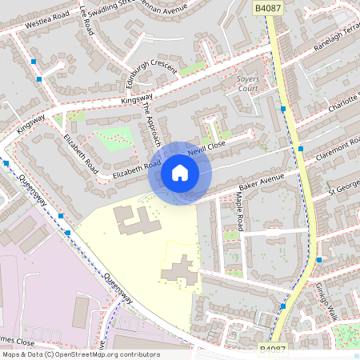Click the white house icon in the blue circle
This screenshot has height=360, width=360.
pyautogui.click(x=180, y=173)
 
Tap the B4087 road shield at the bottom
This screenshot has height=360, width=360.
pyautogui.click(x=273, y=349)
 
